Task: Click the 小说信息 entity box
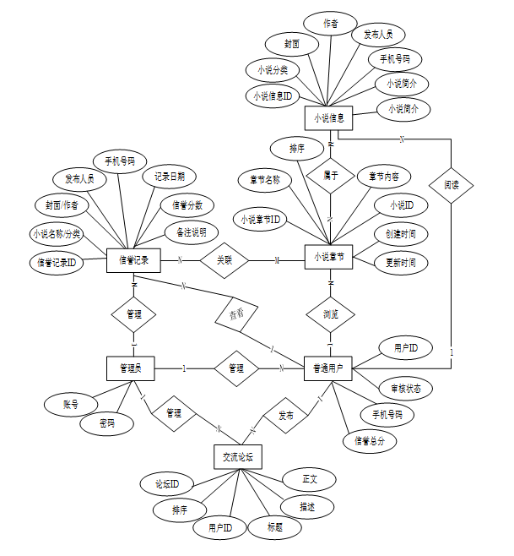click(x=327, y=117)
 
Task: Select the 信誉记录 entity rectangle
click(x=134, y=260)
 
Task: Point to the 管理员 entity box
click(x=131, y=368)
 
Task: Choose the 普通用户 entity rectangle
click(x=327, y=368)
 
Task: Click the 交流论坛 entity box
click(x=238, y=456)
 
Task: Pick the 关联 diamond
click(x=225, y=259)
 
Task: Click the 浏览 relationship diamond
click(x=330, y=313)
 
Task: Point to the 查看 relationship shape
click(x=237, y=314)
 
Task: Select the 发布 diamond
click(x=284, y=416)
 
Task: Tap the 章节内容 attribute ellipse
click(x=383, y=177)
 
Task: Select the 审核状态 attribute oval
click(x=405, y=389)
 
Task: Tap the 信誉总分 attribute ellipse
click(x=370, y=440)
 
